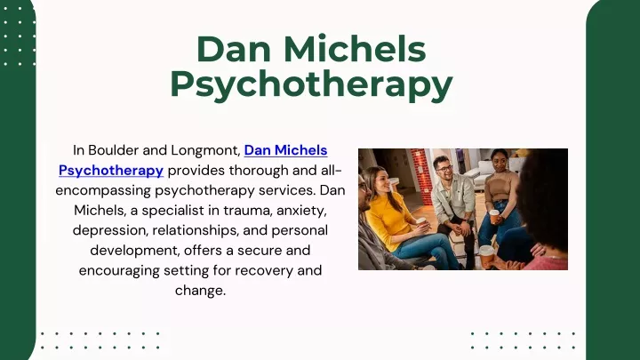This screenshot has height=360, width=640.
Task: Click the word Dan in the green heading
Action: pos(234,50)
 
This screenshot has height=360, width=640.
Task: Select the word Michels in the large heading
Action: pos(355,49)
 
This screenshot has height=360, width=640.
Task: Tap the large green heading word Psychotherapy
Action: pos(311,85)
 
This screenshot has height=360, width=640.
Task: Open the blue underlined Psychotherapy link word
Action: pos(111,170)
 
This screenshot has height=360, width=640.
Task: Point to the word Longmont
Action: pos(205,150)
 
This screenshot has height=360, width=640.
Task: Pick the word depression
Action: pos(110,230)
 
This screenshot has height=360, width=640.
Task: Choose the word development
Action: pos(135,250)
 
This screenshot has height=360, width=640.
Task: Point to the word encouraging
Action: pos(119,270)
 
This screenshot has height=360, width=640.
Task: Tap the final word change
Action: pos(200,291)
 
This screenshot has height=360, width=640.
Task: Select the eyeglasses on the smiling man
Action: pos(444,168)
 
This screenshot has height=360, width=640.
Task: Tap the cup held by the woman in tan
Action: pos(494,216)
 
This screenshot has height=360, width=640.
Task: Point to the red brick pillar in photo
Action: pos(420,176)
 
